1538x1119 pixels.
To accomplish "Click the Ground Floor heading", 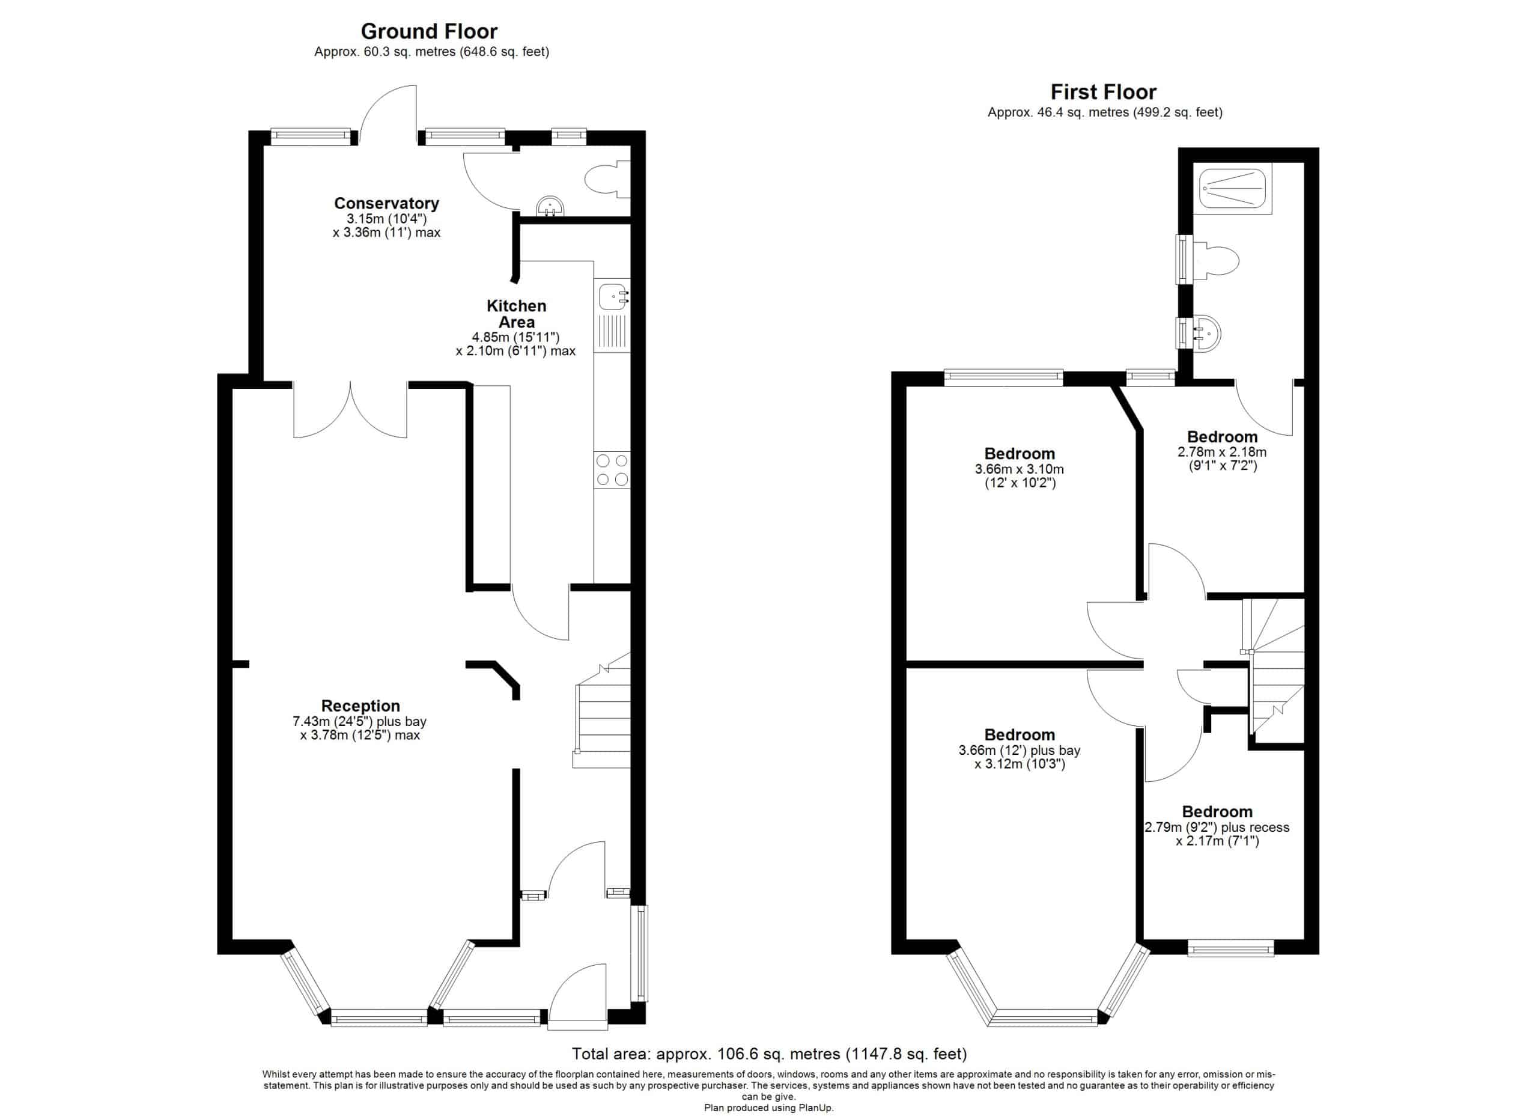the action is pos(428,31).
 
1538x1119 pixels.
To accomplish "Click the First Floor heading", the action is pos(1103,91).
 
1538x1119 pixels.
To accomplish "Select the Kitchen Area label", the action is pos(516,314).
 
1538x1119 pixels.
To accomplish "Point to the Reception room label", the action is pos(360,706).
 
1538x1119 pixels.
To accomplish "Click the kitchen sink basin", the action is pos(612,296).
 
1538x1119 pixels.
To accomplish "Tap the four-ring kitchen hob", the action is pos(612,470).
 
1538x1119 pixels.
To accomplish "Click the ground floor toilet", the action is pos(606,180).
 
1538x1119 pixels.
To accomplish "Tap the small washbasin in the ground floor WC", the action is pos(550,206).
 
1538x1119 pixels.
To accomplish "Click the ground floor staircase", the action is pos(602,711).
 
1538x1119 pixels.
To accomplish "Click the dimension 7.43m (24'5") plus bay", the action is pos(360,722).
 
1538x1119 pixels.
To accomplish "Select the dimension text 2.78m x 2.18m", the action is pos(1222,452).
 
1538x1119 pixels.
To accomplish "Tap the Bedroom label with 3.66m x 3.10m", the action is pos(1020,454).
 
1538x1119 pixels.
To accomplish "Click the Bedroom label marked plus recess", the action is pos(1217,812).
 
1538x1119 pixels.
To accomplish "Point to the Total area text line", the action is pos(769,1053).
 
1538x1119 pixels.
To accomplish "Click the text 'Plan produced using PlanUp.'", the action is pos(769,1108).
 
